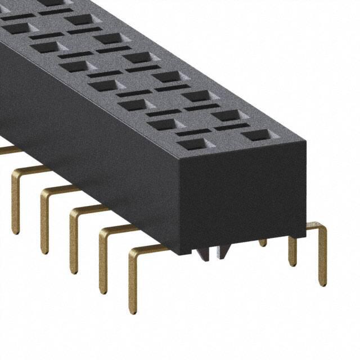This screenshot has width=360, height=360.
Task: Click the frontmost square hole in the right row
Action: [256, 135]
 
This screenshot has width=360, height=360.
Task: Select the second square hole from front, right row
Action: [227, 115]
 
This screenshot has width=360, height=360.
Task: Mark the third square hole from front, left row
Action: [134, 105]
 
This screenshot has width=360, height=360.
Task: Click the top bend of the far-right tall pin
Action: [319, 226]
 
